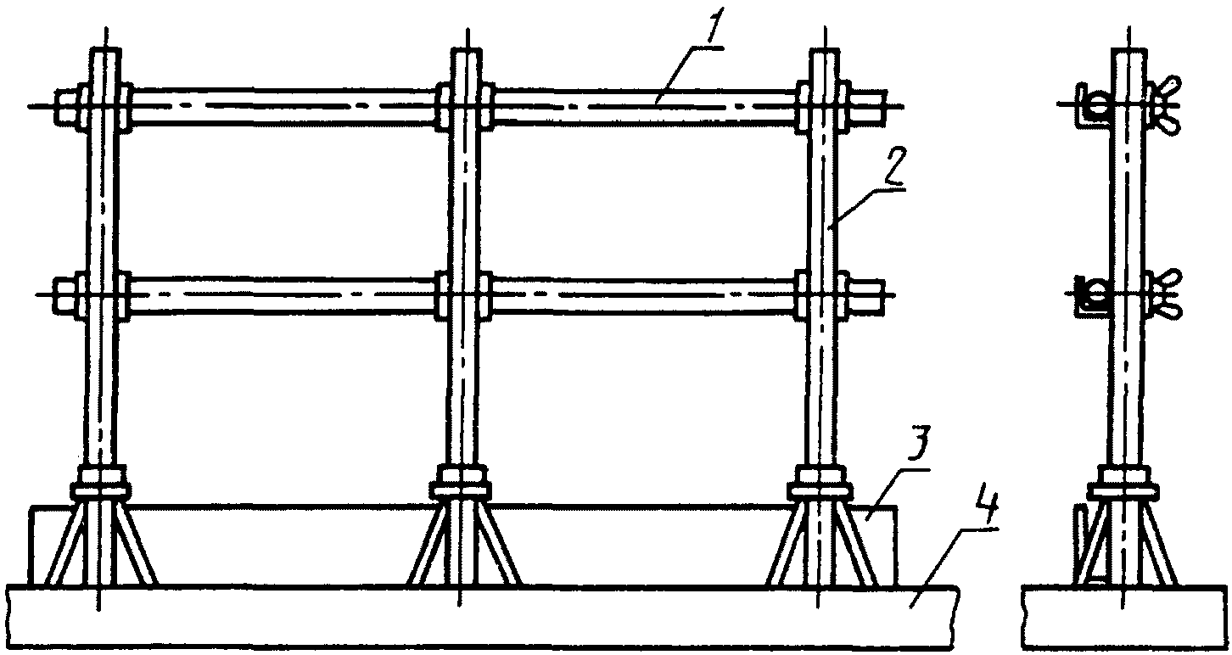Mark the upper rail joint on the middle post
[463, 106]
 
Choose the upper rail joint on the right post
[821, 106]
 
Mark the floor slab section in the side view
[1124, 618]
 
